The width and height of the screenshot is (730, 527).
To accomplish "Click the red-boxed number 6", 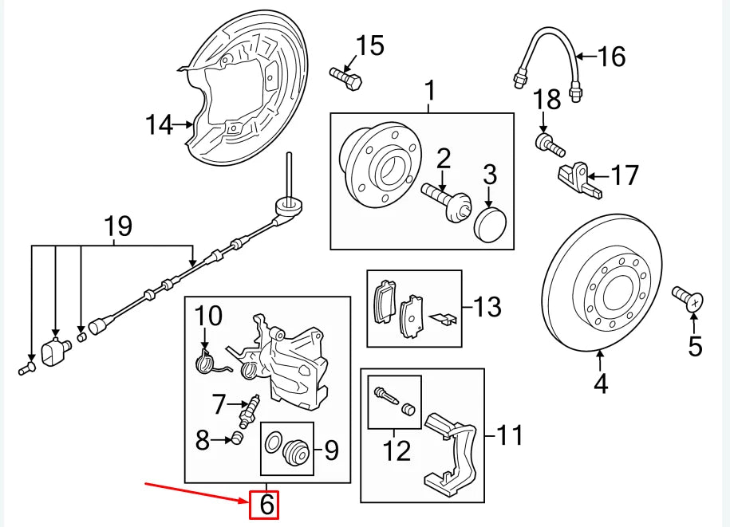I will (265, 505).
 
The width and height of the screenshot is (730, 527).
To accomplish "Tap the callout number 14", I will (159, 125).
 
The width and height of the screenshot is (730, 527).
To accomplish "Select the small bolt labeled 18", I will (547, 144).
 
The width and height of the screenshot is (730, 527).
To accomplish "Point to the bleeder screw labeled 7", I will (251, 409).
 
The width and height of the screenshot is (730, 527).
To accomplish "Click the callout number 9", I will (330, 451).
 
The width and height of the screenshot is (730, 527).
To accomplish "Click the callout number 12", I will (396, 450).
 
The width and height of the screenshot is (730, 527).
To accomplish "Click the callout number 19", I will (118, 227).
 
